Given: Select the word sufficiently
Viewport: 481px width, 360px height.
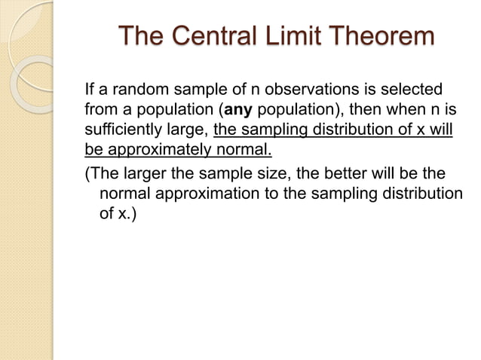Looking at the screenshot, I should (x=123, y=129).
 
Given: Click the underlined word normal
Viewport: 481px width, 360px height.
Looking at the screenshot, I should (x=244, y=148).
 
